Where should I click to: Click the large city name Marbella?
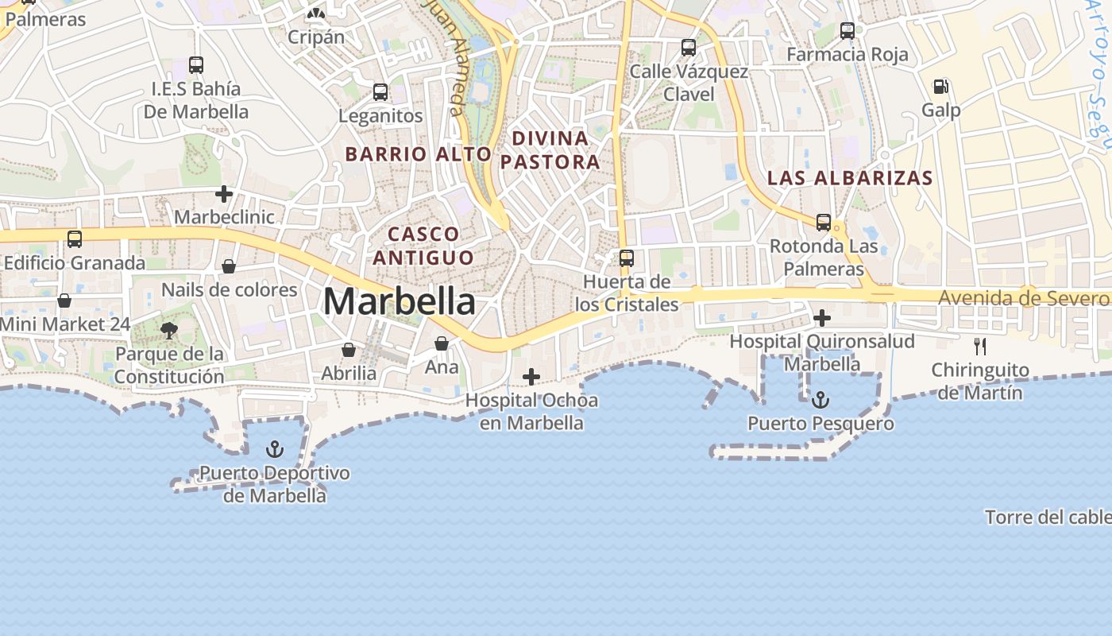[x=400, y=302]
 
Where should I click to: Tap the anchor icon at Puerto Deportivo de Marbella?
[x=274, y=450]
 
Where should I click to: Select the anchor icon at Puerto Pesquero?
[x=820, y=400]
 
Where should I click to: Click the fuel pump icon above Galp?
[x=940, y=87]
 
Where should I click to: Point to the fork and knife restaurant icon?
[x=980, y=347]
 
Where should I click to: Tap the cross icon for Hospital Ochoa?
[x=531, y=377]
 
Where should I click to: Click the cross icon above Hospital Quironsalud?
[x=822, y=319]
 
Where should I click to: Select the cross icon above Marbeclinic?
[x=224, y=194]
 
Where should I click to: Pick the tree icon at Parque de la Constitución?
[x=168, y=331]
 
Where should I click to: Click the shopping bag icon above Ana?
[x=442, y=343]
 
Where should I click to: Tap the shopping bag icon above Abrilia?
[x=349, y=350]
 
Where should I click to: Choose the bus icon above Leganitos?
[x=380, y=92]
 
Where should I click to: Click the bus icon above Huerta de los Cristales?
[x=627, y=258]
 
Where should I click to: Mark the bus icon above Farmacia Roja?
[x=848, y=32]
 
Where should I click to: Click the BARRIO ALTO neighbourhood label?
[x=419, y=154]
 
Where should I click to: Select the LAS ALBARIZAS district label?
[x=850, y=178]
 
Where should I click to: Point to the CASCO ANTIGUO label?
[x=423, y=246]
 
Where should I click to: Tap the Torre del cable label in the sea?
[x=1048, y=518]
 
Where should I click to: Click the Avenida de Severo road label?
[x=1023, y=298]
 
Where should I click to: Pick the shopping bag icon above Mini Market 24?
[x=64, y=301]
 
